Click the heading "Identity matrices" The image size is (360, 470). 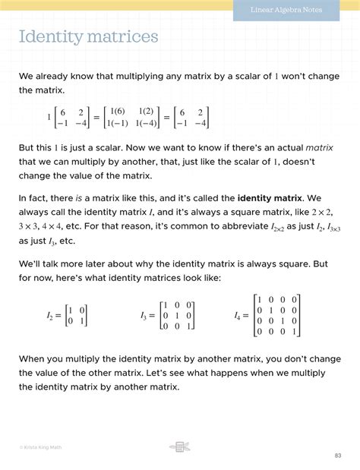88,36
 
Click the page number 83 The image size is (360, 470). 337,455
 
